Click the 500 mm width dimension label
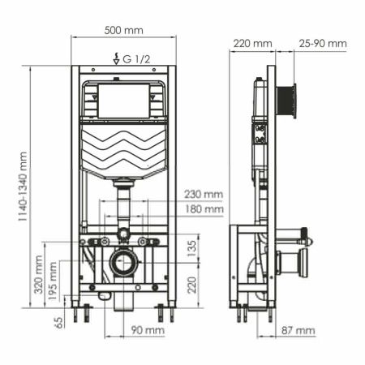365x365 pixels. [x=123, y=30]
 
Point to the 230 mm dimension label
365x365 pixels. [x=203, y=194]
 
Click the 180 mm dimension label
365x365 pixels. [x=203, y=208]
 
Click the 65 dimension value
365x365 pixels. [x=59, y=322]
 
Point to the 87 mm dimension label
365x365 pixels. [x=298, y=331]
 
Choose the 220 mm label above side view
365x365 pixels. [x=251, y=43]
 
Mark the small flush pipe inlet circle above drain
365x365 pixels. [x=123, y=234]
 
